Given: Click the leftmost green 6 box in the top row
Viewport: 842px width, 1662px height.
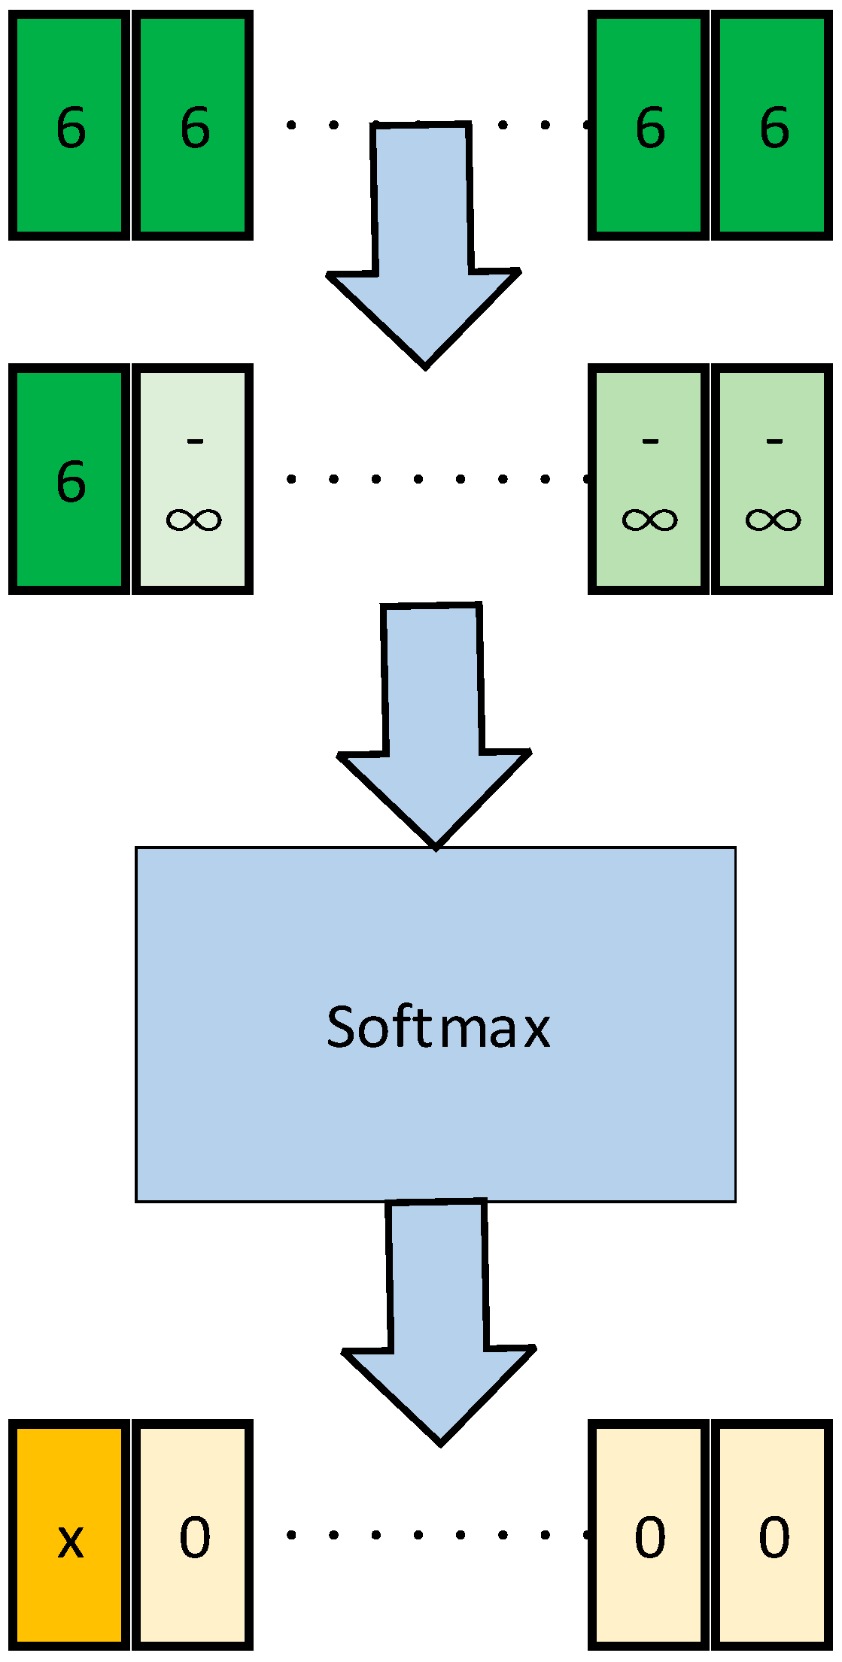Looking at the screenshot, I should click(69, 125).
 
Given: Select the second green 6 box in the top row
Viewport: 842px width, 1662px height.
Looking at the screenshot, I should click(193, 125).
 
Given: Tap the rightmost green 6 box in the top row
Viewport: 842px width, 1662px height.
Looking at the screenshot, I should click(772, 125).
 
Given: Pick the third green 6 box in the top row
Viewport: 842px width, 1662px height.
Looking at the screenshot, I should click(649, 125).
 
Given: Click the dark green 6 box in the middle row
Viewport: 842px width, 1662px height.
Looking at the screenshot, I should click(69, 479).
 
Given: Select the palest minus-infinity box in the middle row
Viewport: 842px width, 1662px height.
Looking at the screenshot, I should click(193, 479).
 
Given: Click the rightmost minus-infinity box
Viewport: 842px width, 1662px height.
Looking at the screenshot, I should click(772, 479).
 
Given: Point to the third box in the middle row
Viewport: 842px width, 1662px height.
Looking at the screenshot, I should click(649, 479).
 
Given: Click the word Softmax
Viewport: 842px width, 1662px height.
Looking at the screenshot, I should click(438, 1027).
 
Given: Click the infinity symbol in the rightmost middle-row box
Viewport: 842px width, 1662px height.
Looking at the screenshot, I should click(773, 520).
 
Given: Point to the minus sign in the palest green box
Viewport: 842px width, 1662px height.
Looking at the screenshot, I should click(195, 441).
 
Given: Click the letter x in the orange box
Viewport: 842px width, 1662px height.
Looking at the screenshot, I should click(70, 1540).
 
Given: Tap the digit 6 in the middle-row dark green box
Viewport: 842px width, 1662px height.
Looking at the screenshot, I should click(71, 481).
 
